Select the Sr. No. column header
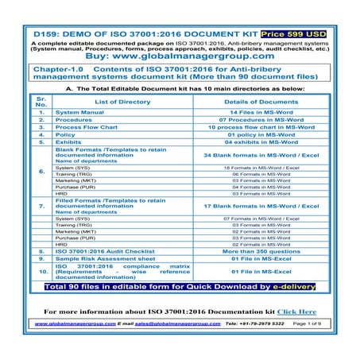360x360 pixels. (x=41, y=103)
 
